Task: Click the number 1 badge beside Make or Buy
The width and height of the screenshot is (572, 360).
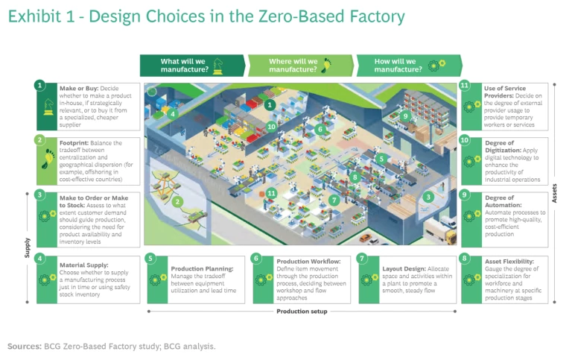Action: pos(39,86)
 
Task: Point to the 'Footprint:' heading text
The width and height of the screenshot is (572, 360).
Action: pos(76,142)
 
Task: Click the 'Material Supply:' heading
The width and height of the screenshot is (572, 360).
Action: pos(84,263)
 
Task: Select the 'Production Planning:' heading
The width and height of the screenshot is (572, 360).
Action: pos(203,269)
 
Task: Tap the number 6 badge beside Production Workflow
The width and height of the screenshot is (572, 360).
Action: pos(257,259)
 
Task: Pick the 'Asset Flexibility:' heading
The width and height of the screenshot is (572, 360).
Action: pos(512,262)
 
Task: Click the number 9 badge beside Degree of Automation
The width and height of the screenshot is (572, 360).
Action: pos(465,195)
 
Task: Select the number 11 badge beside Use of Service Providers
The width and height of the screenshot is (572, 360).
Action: pos(465,86)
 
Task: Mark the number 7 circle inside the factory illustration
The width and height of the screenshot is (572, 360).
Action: pos(334,200)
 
